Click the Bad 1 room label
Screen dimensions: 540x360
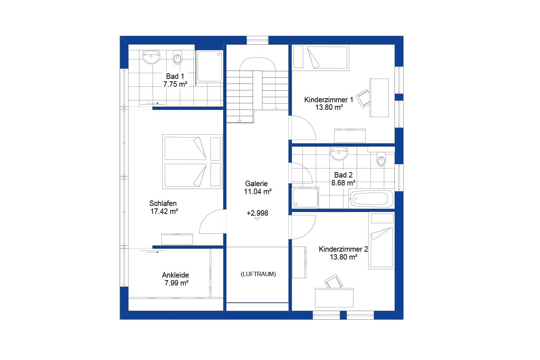(175, 76)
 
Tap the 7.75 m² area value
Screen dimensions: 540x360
(175, 85)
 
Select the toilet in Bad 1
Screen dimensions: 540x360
(177, 58)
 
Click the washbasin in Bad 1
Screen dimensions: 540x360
(151, 57)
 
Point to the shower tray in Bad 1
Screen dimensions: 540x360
(209, 66)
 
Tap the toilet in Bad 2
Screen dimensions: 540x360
(381, 159)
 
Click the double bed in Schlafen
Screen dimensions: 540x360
(192, 162)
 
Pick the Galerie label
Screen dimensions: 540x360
(256, 184)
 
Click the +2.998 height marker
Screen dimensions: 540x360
(257, 213)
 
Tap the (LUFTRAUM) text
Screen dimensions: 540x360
(258, 274)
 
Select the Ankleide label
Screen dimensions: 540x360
(175, 275)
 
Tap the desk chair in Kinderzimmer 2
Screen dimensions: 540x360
(334, 282)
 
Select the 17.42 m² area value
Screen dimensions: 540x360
(164, 212)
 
